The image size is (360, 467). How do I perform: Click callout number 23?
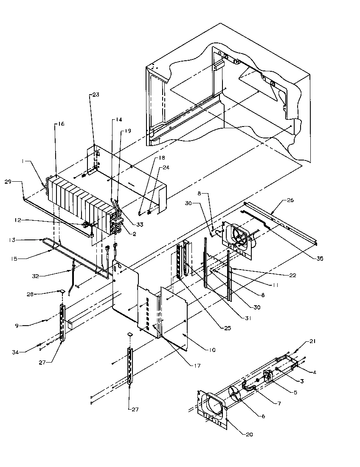(x=96, y=95)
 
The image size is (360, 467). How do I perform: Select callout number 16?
(x=61, y=124)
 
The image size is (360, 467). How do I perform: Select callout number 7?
(x=278, y=404)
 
